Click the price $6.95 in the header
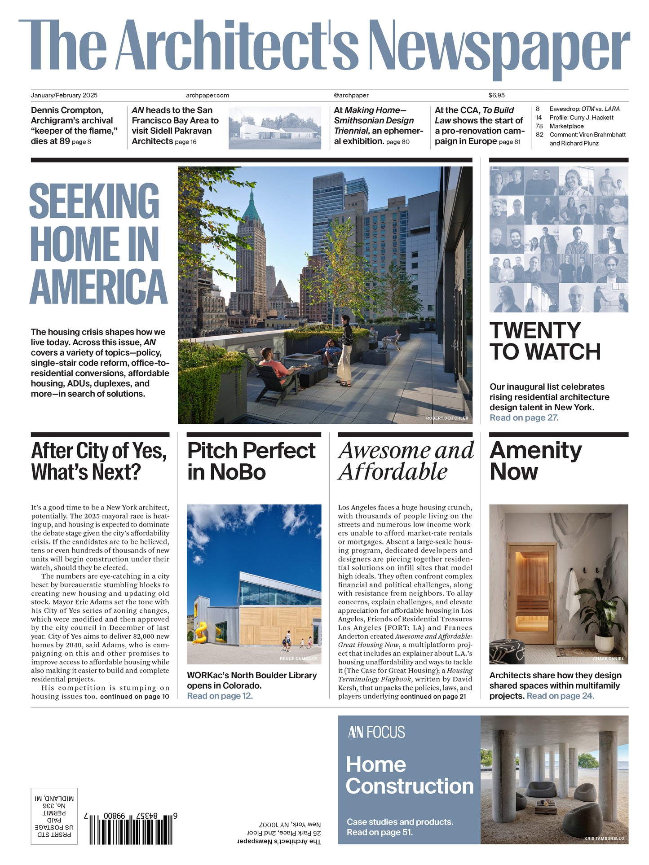click(x=496, y=95)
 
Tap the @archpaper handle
click(x=351, y=95)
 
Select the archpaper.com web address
click(x=207, y=95)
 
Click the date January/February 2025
click(x=64, y=95)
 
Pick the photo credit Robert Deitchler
click(x=447, y=418)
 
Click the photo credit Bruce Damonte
click(x=298, y=659)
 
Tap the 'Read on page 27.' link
click(x=524, y=418)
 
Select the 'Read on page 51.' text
click(x=379, y=832)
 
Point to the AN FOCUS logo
click(x=376, y=733)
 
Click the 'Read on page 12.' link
click(x=220, y=696)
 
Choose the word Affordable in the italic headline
click(x=393, y=472)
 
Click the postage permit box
click(x=54, y=816)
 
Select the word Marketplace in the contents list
click(x=566, y=126)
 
